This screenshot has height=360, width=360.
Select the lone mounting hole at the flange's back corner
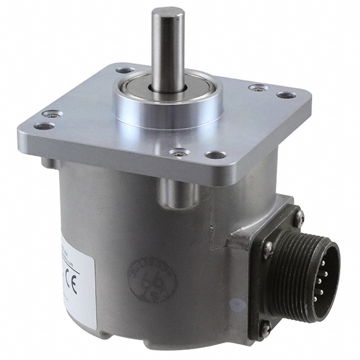(x=124, y=71)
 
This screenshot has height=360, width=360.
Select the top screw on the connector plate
(x=299, y=214)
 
